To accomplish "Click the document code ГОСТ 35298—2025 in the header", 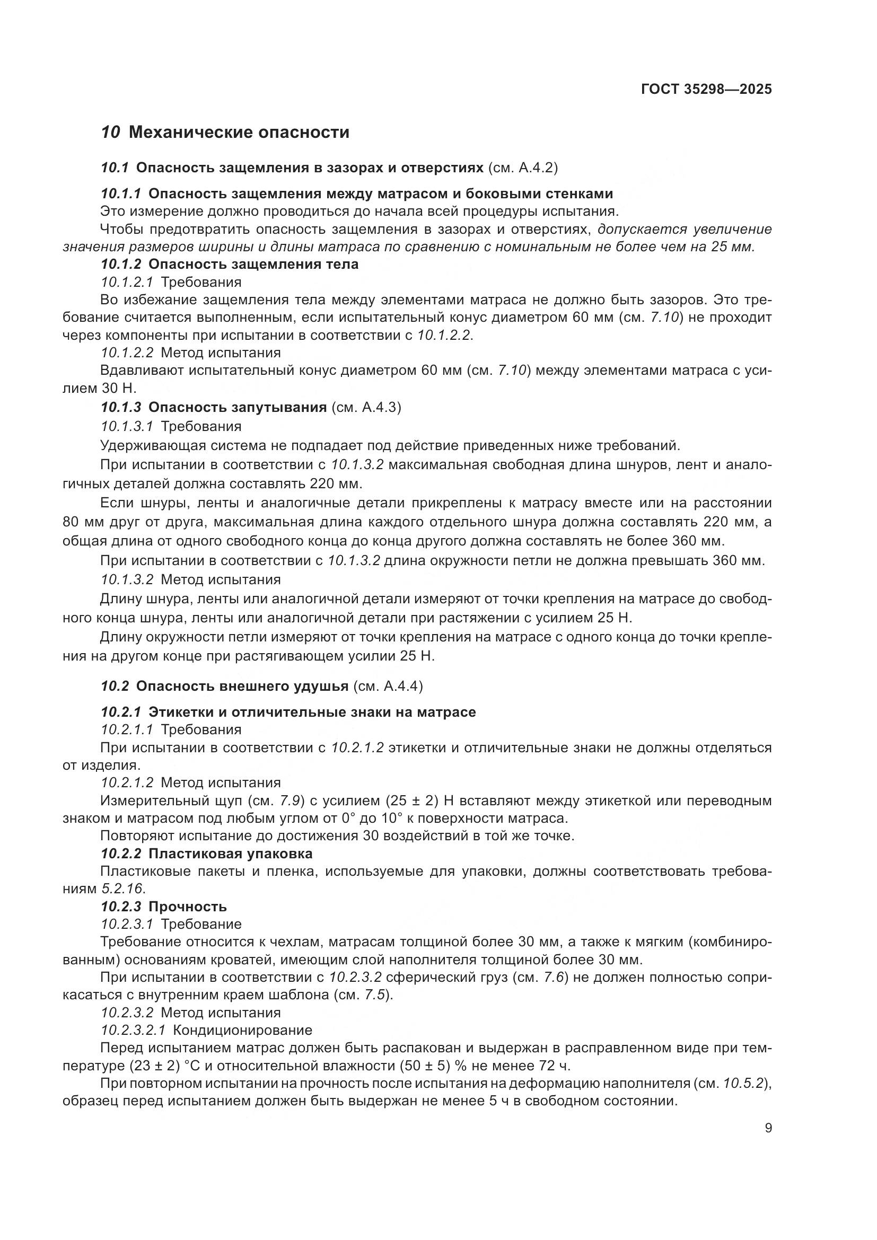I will pyautogui.click(x=706, y=89).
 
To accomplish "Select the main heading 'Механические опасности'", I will pyautogui.click(x=239, y=133).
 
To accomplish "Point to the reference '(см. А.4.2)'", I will pyautogui.click(x=522, y=168).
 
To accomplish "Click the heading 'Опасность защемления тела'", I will pyautogui.click(x=253, y=264).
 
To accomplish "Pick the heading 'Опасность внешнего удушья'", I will pyautogui.click(x=242, y=686).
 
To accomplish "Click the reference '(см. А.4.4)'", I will pyautogui.click(x=388, y=686).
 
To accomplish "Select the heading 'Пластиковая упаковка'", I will pyautogui.click(x=230, y=854).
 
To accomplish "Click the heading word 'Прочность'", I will pyautogui.click(x=187, y=906).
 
